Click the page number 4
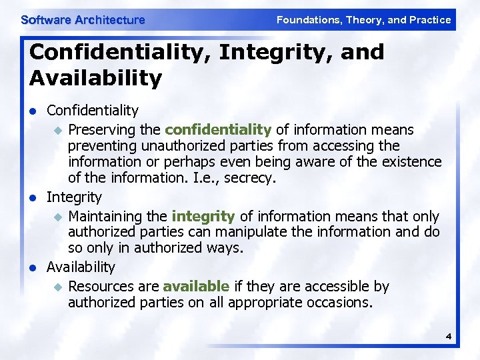pos(449,336)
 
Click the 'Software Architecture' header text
pos(83,20)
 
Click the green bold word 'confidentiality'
pos(218,129)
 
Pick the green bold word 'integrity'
pos(203,216)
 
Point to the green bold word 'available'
pos(196,286)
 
